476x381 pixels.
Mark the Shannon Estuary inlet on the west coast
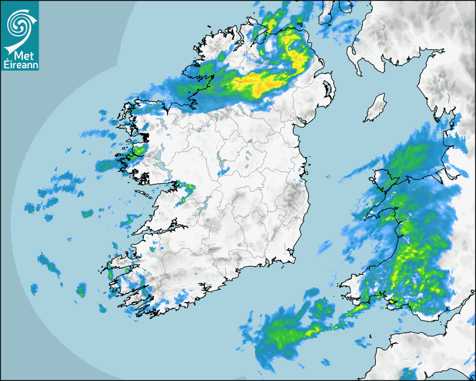click(x=168, y=227)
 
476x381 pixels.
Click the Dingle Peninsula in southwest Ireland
click(x=120, y=263)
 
